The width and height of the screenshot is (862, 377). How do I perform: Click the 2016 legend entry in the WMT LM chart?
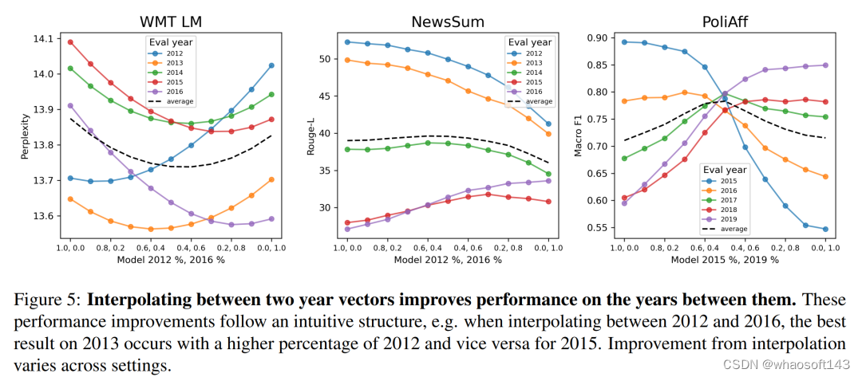174,92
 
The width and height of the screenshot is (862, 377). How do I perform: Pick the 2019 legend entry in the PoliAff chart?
729,218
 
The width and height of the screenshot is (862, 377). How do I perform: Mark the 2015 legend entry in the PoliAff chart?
729,180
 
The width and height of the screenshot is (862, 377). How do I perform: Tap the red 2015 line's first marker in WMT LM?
70,42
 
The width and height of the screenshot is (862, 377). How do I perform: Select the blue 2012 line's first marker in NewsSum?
347,41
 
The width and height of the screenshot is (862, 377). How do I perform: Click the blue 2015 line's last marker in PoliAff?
824,229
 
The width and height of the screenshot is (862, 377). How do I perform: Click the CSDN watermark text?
798,364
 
